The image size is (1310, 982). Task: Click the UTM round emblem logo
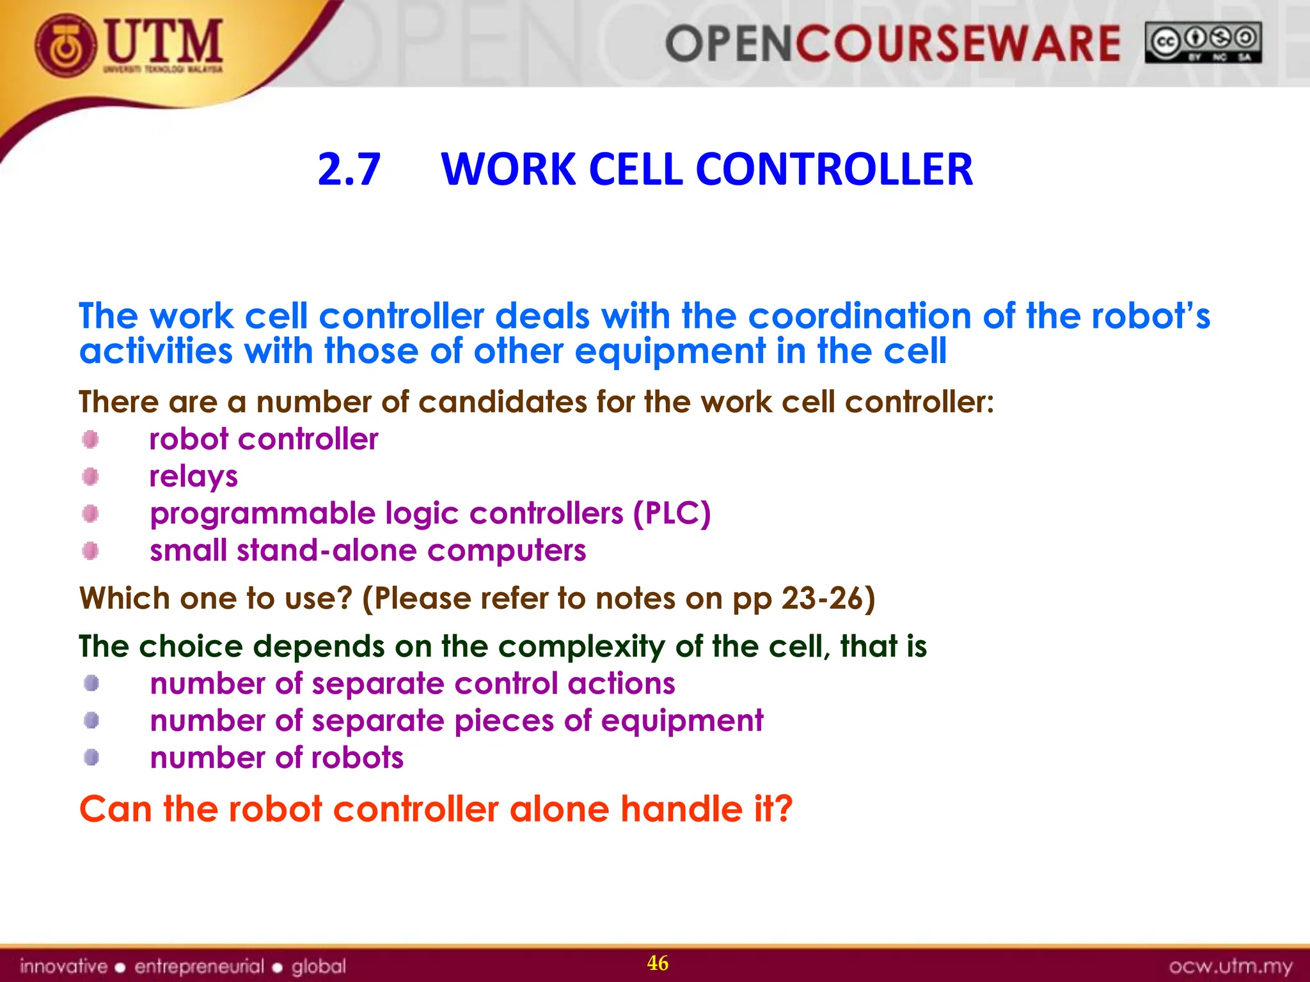tap(66, 46)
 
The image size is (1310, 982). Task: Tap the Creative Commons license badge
tap(1203, 43)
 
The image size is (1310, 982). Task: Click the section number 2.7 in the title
tap(349, 169)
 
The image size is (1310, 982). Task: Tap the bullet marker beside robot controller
tap(91, 440)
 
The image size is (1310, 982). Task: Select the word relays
tap(193, 477)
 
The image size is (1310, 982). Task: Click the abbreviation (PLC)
tap(672, 513)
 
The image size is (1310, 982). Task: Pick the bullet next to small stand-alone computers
tap(91, 550)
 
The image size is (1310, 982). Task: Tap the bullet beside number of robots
tap(91, 758)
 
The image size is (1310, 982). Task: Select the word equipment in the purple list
tap(682, 721)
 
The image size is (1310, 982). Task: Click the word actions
tap(621, 683)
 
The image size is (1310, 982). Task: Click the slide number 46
tap(658, 963)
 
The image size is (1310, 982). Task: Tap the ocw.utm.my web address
tap(1231, 965)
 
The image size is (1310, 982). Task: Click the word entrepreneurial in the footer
tap(199, 966)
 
